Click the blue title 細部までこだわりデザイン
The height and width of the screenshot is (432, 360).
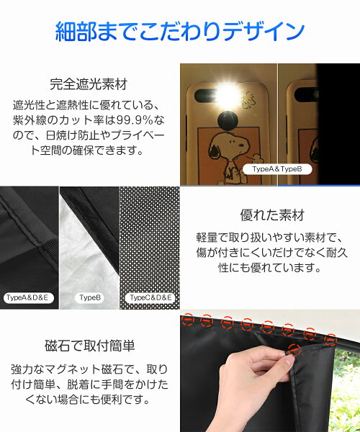[x=180, y=32]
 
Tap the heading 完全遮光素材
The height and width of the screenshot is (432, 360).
[x=89, y=84]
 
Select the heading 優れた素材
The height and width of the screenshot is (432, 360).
[x=272, y=215]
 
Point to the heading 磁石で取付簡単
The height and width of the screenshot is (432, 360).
[x=90, y=346]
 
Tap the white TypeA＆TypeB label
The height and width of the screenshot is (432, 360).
[x=277, y=169]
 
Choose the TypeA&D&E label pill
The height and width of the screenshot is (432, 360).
[x=27, y=298]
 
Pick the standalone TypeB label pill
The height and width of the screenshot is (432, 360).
[x=90, y=298]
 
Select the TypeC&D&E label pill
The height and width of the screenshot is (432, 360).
[x=150, y=298]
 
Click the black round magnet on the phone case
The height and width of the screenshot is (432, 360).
[x=228, y=121]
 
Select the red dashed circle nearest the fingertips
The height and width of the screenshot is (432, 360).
[x=294, y=350]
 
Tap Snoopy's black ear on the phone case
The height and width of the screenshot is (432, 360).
[x=214, y=150]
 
